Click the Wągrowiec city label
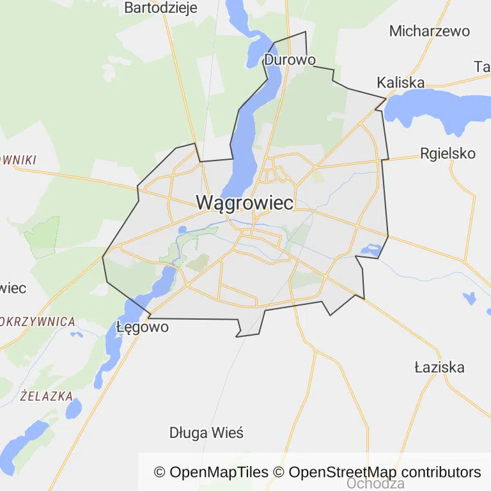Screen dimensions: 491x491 245,203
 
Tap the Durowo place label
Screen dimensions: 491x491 290,60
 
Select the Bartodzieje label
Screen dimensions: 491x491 160,8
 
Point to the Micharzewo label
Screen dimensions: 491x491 429,31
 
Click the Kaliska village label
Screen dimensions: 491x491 401,82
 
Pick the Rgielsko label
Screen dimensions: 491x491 448,153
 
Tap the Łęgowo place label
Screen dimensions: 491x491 143,327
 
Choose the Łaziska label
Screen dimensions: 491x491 439,368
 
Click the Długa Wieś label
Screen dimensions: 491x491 206,433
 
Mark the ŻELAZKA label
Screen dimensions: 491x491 46,396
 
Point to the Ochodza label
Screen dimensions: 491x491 375,484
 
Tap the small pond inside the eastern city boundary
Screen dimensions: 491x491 370,249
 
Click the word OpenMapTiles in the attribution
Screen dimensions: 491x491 219,472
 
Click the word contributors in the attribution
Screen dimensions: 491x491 441,472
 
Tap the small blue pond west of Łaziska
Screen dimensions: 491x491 469,297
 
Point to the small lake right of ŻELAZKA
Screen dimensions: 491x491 74,407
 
